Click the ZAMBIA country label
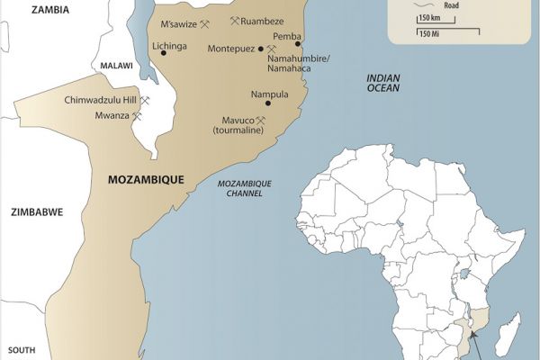tap(50, 10)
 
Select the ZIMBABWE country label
tap(36, 213)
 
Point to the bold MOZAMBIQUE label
tap(145, 180)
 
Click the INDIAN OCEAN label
tap(382, 84)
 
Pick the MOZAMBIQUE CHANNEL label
tap(245, 188)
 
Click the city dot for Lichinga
tap(163, 53)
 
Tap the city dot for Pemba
tap(298, 43)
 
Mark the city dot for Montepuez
tap(261, 49)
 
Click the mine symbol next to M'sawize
tap(205, 23)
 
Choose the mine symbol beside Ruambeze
tap(235, 20)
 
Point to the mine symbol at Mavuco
tap(261, 120)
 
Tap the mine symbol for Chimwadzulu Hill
tap(145, 101)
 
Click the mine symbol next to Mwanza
tap(137, 116)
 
